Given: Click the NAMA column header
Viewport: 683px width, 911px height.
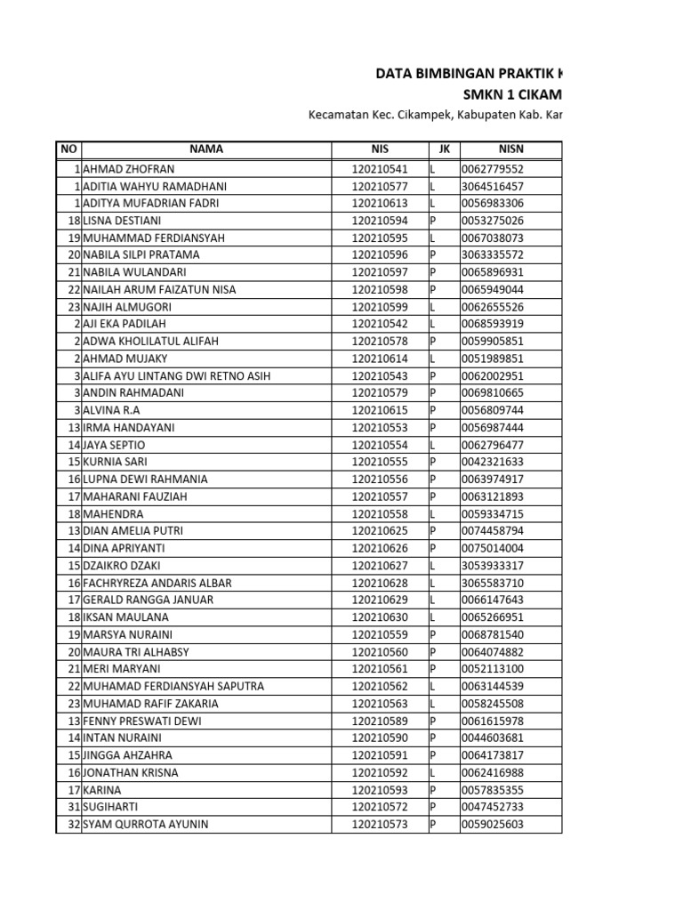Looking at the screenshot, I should (205, 149).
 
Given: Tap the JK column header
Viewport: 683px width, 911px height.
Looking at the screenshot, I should (444, 149).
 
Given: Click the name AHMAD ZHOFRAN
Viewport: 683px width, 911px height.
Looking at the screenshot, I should (129, 169).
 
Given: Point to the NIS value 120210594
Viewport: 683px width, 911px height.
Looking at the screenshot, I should (380, 221).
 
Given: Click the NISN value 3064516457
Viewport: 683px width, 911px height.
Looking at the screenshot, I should (492, 186).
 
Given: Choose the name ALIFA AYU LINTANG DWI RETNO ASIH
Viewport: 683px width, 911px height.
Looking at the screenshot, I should (177, 375).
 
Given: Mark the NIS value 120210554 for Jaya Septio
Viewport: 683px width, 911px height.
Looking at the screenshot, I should (380, 445).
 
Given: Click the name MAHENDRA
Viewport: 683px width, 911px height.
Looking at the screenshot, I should (113, 513).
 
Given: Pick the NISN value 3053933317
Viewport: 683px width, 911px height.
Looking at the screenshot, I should (492, 565).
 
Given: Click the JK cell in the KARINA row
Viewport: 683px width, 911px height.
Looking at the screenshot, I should (434, 789).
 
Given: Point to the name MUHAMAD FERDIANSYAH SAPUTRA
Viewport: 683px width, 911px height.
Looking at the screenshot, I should (173, 686).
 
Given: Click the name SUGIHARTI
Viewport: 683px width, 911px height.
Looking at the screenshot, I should (112, 807).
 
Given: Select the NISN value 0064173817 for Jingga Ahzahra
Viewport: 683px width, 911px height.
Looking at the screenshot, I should (492, 755).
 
